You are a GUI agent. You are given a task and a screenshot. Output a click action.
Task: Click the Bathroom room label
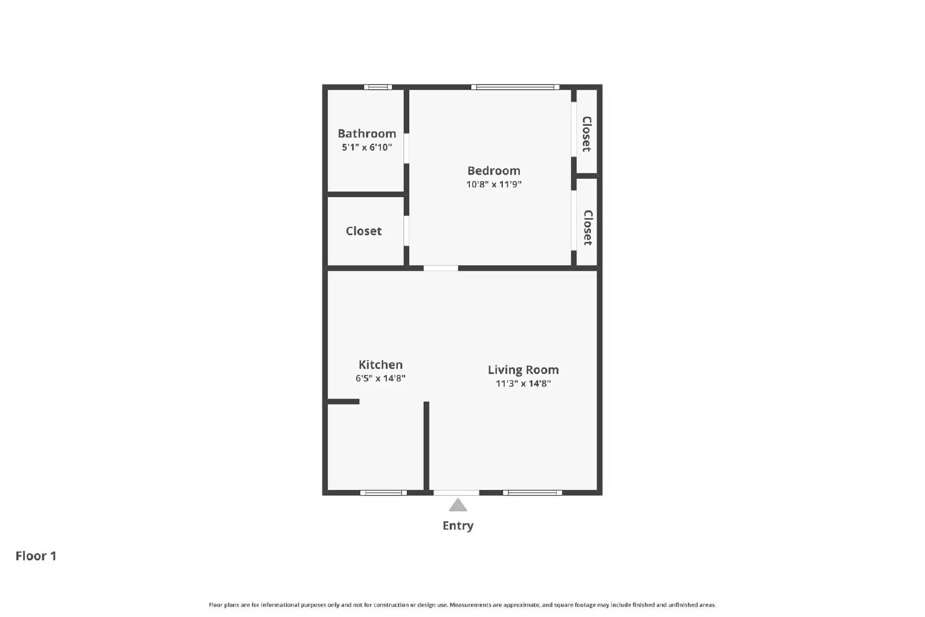pos(367,134)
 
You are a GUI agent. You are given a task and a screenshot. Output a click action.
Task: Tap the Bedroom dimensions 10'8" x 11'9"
pos(494,184)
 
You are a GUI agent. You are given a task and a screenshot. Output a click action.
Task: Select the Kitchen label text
pos(380,365)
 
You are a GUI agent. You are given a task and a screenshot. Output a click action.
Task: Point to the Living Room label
pos(523,370)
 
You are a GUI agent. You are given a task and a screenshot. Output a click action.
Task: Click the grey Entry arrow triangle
pos(458,506)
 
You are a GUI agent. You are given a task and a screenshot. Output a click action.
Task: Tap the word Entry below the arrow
pos(458,526)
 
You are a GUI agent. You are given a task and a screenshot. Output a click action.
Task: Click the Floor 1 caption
pos(36,556)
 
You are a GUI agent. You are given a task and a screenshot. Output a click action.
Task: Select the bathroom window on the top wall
pos(378,87)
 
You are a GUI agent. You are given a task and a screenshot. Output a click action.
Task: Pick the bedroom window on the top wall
pos(515,87)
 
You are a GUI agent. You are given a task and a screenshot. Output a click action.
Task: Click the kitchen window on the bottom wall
pos(383,493)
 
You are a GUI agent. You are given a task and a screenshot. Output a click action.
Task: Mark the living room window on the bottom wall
pos(532,493)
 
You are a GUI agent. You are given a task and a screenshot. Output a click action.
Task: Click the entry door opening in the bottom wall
pos(456,493)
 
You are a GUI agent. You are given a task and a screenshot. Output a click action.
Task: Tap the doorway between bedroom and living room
pos(441,268)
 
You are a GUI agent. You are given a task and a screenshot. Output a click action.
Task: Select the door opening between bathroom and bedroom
pos(406,148)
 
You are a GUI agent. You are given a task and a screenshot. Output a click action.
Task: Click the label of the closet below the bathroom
pos(364,231)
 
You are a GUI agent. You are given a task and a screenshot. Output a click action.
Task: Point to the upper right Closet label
pos(586,134)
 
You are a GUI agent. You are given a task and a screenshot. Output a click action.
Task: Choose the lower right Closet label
pos(587,227)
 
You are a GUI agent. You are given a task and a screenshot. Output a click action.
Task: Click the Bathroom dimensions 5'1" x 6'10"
pos(367,147)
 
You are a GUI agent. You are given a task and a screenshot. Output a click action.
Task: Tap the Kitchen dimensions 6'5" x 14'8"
pos(380,379)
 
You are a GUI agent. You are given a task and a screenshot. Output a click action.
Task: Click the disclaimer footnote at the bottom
pos(462,605)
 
